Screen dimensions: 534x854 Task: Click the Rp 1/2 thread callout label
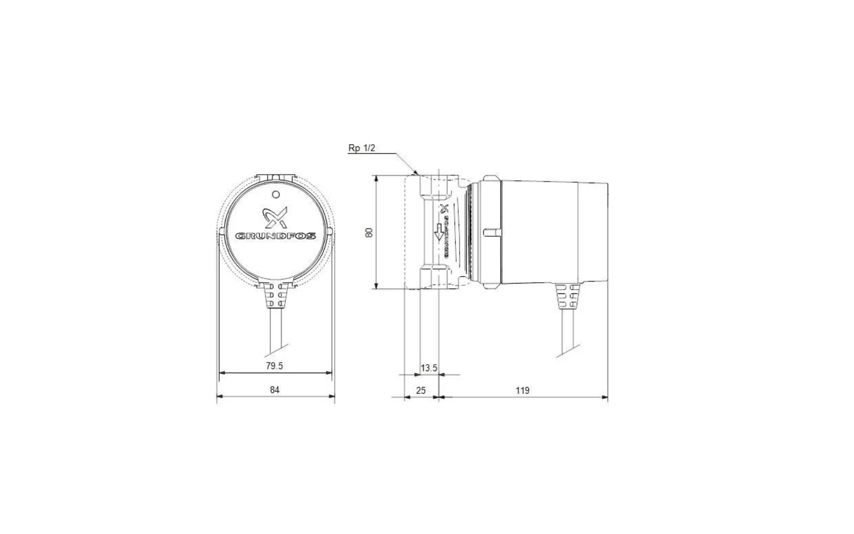362,148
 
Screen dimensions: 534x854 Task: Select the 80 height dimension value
370,233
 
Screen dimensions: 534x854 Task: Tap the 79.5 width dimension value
274,366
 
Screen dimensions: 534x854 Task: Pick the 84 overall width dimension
274,390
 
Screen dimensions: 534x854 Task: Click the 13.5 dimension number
429,368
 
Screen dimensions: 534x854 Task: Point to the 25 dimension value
420,390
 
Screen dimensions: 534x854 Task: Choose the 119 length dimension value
523,390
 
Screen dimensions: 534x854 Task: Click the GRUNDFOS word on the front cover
276,235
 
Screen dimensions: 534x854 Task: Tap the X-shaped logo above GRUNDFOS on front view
276,217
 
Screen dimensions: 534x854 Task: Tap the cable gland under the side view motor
567,296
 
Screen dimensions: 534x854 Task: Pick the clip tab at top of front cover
276,176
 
